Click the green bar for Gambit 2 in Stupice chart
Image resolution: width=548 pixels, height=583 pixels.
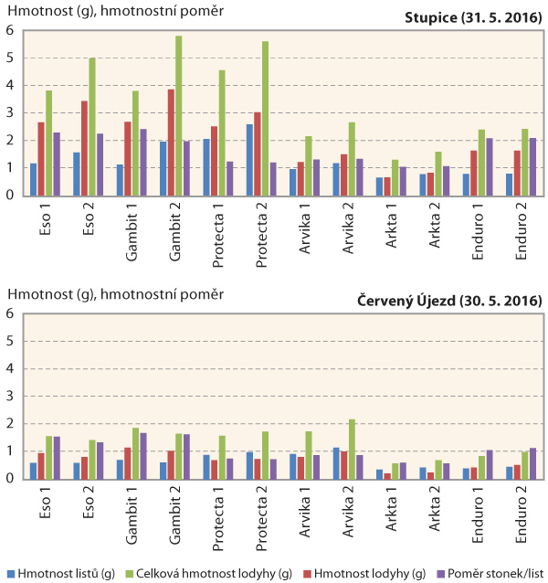pos(179,115)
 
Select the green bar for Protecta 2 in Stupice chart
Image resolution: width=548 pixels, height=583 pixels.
pos(266,118)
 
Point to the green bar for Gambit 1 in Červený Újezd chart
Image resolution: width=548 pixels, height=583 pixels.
pos(135,452)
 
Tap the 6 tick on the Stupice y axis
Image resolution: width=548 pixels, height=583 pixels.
pos(9,30)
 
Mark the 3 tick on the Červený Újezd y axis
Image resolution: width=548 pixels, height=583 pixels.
pos(9,396)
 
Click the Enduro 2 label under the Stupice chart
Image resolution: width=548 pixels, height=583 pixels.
pos(522,232)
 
